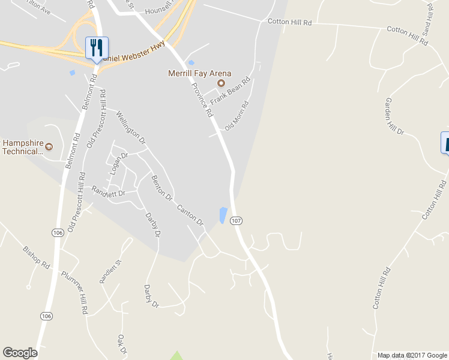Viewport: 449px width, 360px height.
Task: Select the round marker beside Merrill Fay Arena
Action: (x=220, y=83)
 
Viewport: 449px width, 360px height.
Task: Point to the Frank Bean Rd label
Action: (x=229, y=91)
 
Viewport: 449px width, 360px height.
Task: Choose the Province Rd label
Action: (x=202, y=100)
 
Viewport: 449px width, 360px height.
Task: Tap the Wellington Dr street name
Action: (x=131, y=127)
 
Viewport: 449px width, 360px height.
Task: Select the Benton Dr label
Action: (x=162, y=188)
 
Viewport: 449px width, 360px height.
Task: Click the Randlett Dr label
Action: (x=108, y=192)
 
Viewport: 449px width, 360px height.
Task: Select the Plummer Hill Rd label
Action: (x=76, y=293)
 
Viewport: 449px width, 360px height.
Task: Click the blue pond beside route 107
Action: (x=223, y=215)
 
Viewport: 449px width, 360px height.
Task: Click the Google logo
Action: (x=20, y=353)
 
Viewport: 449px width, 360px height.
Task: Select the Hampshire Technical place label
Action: (x=24, y=147)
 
